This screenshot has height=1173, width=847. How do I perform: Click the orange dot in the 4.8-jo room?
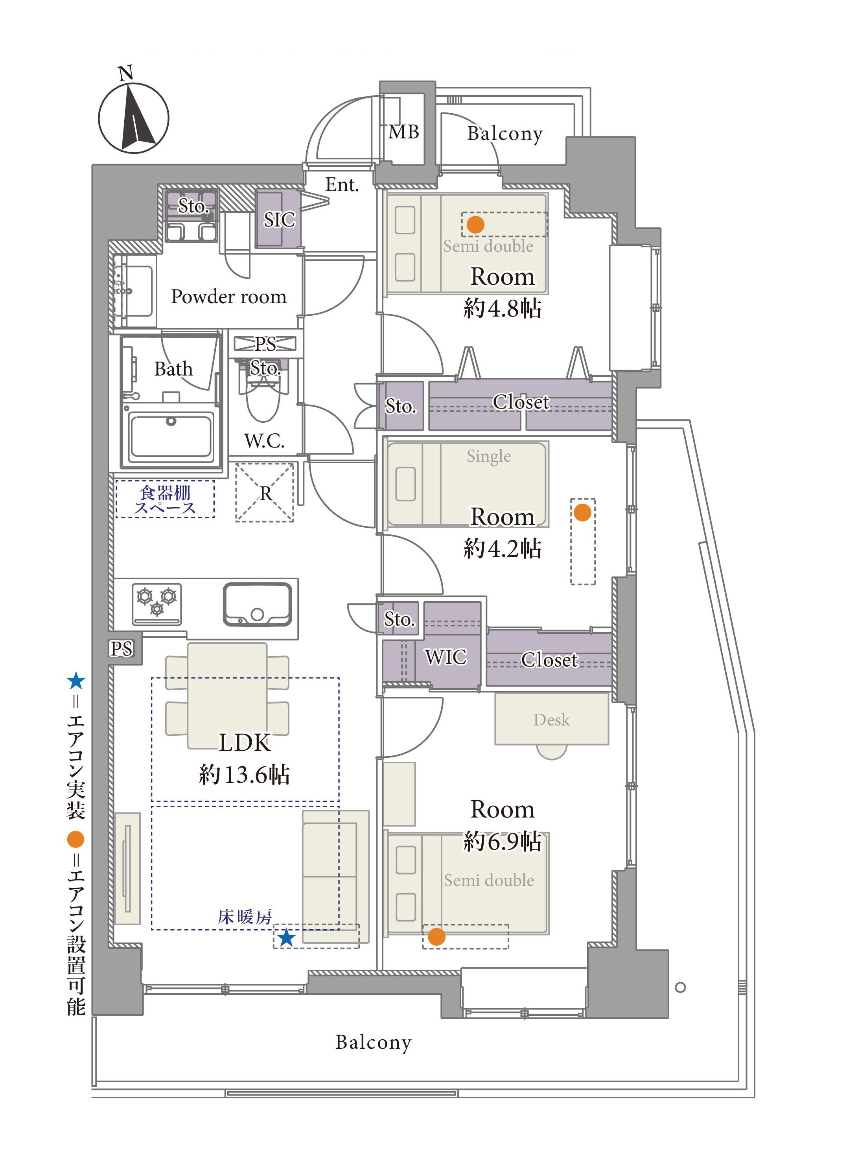click(x=475, y=225)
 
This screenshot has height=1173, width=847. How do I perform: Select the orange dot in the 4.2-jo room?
click(x=582, y=512)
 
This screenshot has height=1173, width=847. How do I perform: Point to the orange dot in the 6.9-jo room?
click(x=436, y=937)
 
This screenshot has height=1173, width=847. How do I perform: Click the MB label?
click(x=404, y=133)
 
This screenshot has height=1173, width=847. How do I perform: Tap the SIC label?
click(x=279, y=220)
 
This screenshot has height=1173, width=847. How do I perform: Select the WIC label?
click(x=446, y=657)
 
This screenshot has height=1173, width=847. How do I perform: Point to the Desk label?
click(x=552, y=720)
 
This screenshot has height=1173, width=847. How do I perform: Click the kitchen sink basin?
click(x=258, y=604)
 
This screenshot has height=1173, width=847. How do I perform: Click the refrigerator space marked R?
click(x=265, y=493)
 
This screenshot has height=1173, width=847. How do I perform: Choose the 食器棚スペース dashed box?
click(x=165, y=499)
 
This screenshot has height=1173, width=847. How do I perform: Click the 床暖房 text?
click(x=245, y=917)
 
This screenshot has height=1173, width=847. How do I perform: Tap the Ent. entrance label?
click(x=342, y=185)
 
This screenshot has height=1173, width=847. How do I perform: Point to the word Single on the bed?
click(x=489, y=456)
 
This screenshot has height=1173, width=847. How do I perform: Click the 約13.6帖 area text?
click(x=245, y=775)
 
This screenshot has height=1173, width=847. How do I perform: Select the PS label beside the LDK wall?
click(x=122, y=648)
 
